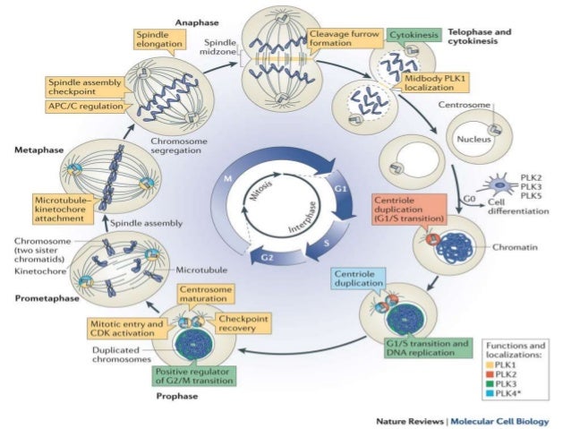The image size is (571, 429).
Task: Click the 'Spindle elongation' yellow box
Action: pyautogui.click(x=158, y=39)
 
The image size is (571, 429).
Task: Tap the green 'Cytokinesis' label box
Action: pyautogui.click(x=413, y=34)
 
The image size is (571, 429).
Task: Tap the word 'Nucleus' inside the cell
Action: pyautogui.click(x=468, y=140)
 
